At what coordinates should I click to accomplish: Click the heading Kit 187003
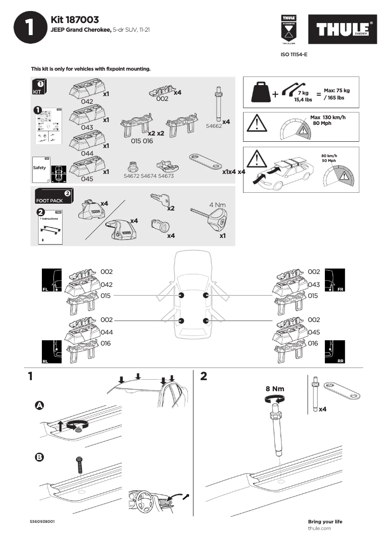tap(75, 19)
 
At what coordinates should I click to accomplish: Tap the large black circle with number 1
tap(28, 28)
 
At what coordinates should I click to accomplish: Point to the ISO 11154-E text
tap(294, 55)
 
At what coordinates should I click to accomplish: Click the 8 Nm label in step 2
tap(274, 388)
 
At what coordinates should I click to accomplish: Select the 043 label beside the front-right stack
tap(314, 285)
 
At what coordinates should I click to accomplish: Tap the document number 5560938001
tap(42, 521)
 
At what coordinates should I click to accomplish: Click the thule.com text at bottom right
tap(319, 528)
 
